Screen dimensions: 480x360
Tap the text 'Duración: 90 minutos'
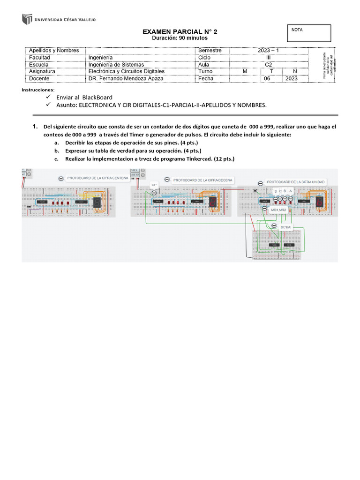(x=180, y=38)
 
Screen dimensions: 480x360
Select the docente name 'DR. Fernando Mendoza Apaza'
(x=126, y=79)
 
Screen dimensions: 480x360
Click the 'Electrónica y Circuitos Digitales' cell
(x=126, y=72)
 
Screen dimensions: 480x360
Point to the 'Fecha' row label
(x=206, y=79)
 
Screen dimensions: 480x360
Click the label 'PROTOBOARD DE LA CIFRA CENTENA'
(x=97, y=179)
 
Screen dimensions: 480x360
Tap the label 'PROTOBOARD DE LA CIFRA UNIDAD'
(x=295, y=182)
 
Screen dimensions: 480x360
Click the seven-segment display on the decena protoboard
(x=213, y=202)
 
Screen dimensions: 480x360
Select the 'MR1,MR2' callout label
(x=278, y=210)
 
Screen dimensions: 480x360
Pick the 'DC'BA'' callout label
(x=285, y=227)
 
